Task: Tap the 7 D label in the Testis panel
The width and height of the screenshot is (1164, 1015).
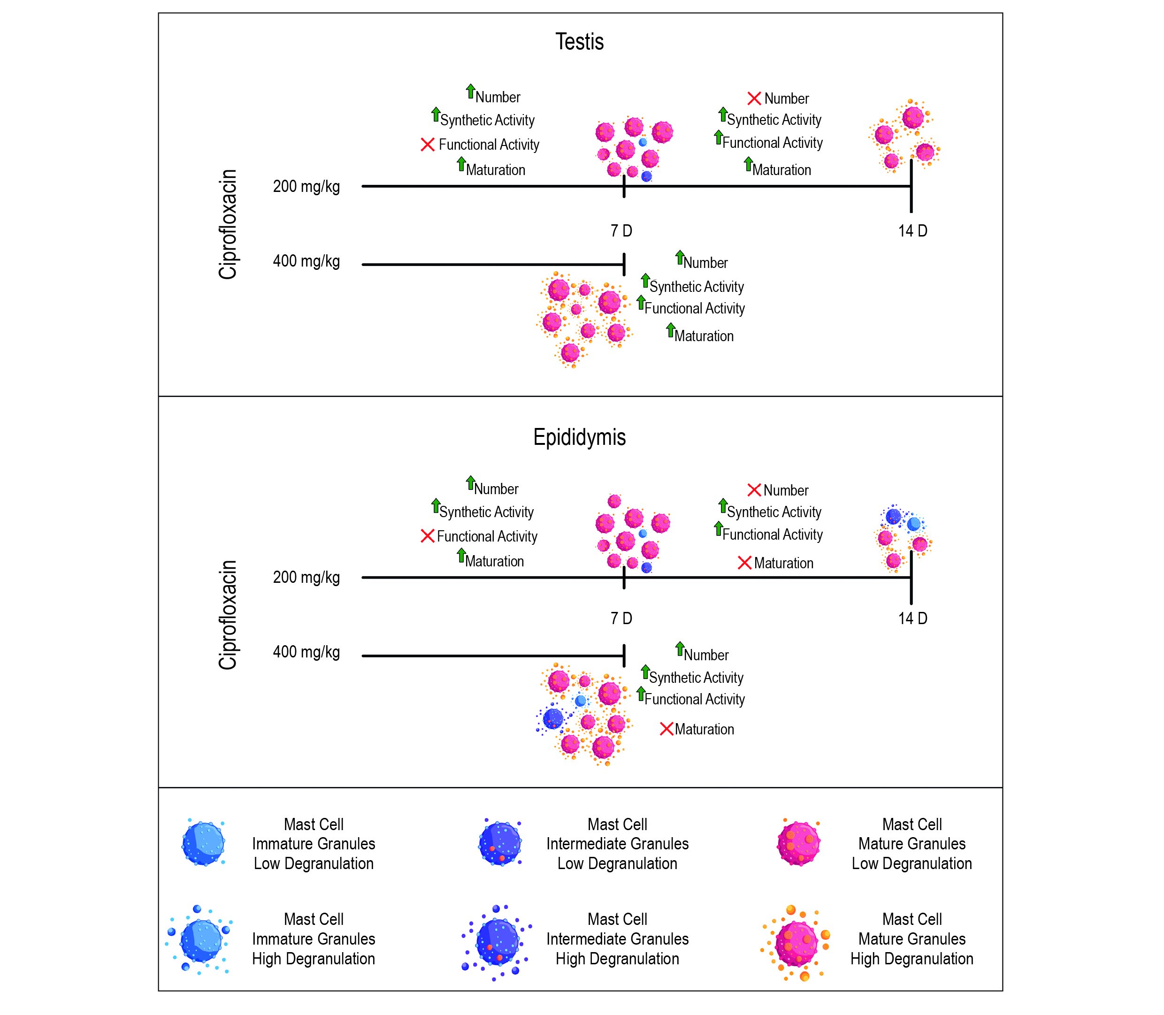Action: pos(621,231)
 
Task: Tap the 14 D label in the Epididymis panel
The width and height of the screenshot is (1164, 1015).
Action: pos(912,618)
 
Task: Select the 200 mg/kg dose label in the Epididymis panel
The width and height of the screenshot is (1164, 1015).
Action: pos(306,577)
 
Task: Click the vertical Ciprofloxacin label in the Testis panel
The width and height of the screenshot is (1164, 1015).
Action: pos(228,224)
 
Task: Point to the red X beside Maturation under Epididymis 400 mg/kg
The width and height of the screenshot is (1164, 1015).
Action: pos(666,729)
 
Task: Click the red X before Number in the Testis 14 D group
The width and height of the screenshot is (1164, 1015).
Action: pos(754,99)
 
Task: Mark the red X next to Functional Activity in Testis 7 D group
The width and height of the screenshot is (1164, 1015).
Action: pos(428,145)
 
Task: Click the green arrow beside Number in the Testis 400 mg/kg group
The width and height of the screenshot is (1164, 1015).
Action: pos(680,258)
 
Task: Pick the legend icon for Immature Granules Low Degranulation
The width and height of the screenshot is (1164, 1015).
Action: pos(203,843)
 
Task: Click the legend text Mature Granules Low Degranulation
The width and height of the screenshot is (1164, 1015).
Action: pos(911,844)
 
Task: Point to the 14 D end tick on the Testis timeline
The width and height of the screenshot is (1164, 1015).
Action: pos(911,187)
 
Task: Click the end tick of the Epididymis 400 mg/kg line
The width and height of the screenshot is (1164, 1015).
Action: pos(624,656)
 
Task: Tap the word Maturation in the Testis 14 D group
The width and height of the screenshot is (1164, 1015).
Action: pos(781,170)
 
